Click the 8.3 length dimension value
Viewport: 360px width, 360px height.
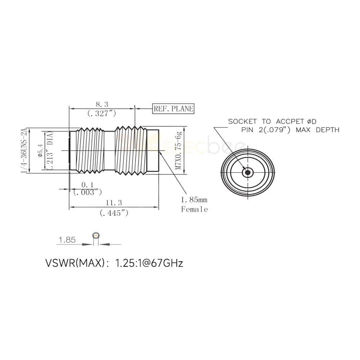[102, 104]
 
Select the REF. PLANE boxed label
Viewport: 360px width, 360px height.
[174, 109]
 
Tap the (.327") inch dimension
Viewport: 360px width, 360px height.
[102, 113]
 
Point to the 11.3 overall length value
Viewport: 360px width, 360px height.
[114, 203]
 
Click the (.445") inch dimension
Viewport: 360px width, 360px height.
[114, 213]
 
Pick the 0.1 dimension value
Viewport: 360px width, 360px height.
[87, 185]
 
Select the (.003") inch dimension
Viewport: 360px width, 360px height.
[87, 192]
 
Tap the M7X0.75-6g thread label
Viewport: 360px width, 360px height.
[179, 150]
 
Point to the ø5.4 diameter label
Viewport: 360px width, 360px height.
[40, 150]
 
